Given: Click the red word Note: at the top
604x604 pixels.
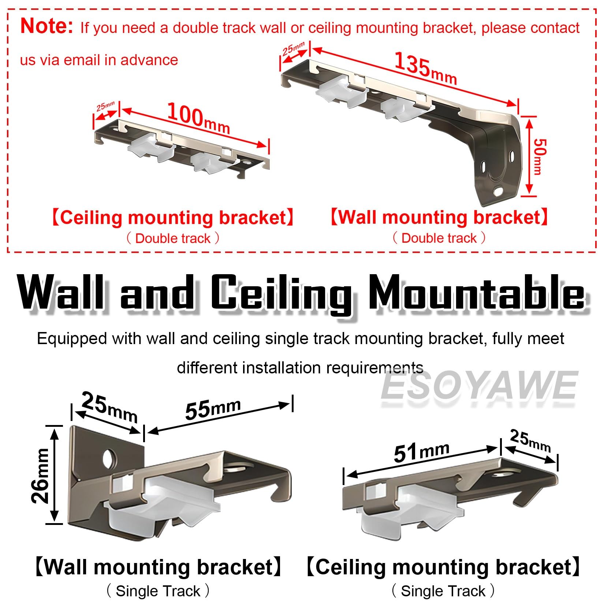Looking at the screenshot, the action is pos(46,26).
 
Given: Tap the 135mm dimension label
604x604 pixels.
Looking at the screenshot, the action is pos(425,68).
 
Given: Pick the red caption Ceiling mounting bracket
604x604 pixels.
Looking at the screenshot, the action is pos(173,217).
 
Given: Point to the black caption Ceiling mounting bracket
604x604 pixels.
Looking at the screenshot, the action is pos(443,567).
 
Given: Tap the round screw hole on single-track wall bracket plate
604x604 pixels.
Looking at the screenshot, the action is pos(109,457).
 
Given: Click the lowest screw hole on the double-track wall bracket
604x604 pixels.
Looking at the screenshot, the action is pos(499,191).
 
